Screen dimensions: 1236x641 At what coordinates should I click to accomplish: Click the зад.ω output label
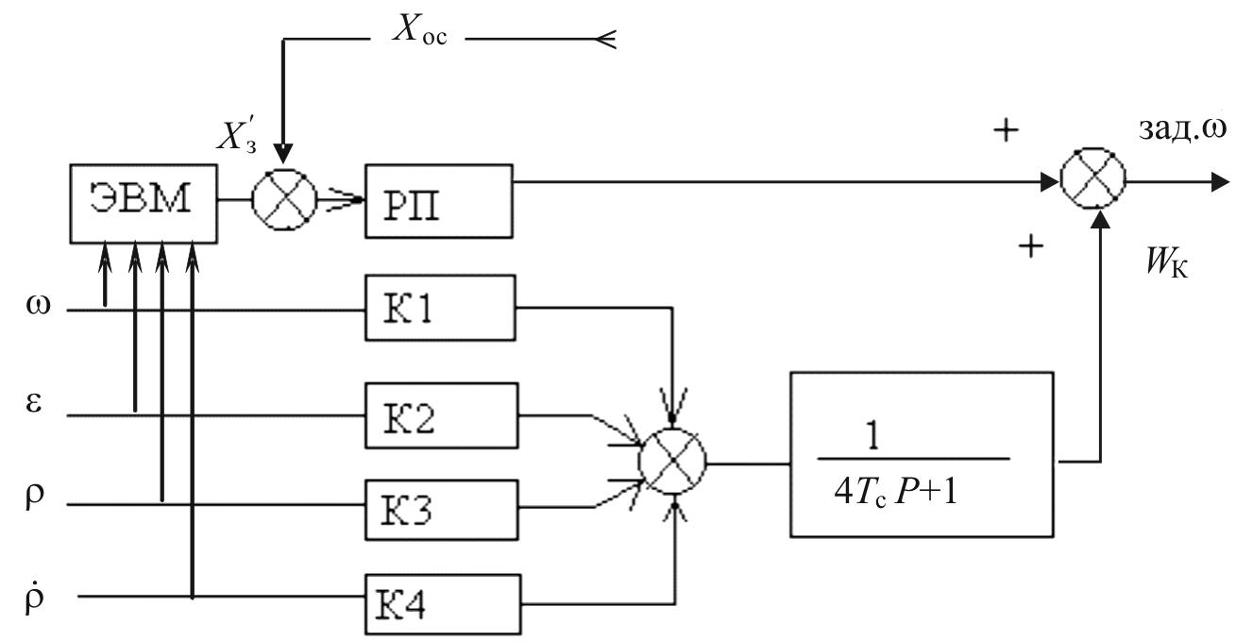click(x=1183, y=128)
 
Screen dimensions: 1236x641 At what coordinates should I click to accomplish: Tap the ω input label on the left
click(x=38, y=305)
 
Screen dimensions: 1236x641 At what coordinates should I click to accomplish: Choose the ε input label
click(x=33, y=403)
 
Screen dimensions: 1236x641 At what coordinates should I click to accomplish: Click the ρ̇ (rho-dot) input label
click(x=34, y=597)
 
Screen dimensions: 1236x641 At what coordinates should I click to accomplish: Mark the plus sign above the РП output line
click(x=1006, y=130)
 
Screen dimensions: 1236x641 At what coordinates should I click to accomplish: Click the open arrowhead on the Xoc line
click(x=604, y=39)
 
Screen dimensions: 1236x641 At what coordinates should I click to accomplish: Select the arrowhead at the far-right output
click(x=1221, y=181)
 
